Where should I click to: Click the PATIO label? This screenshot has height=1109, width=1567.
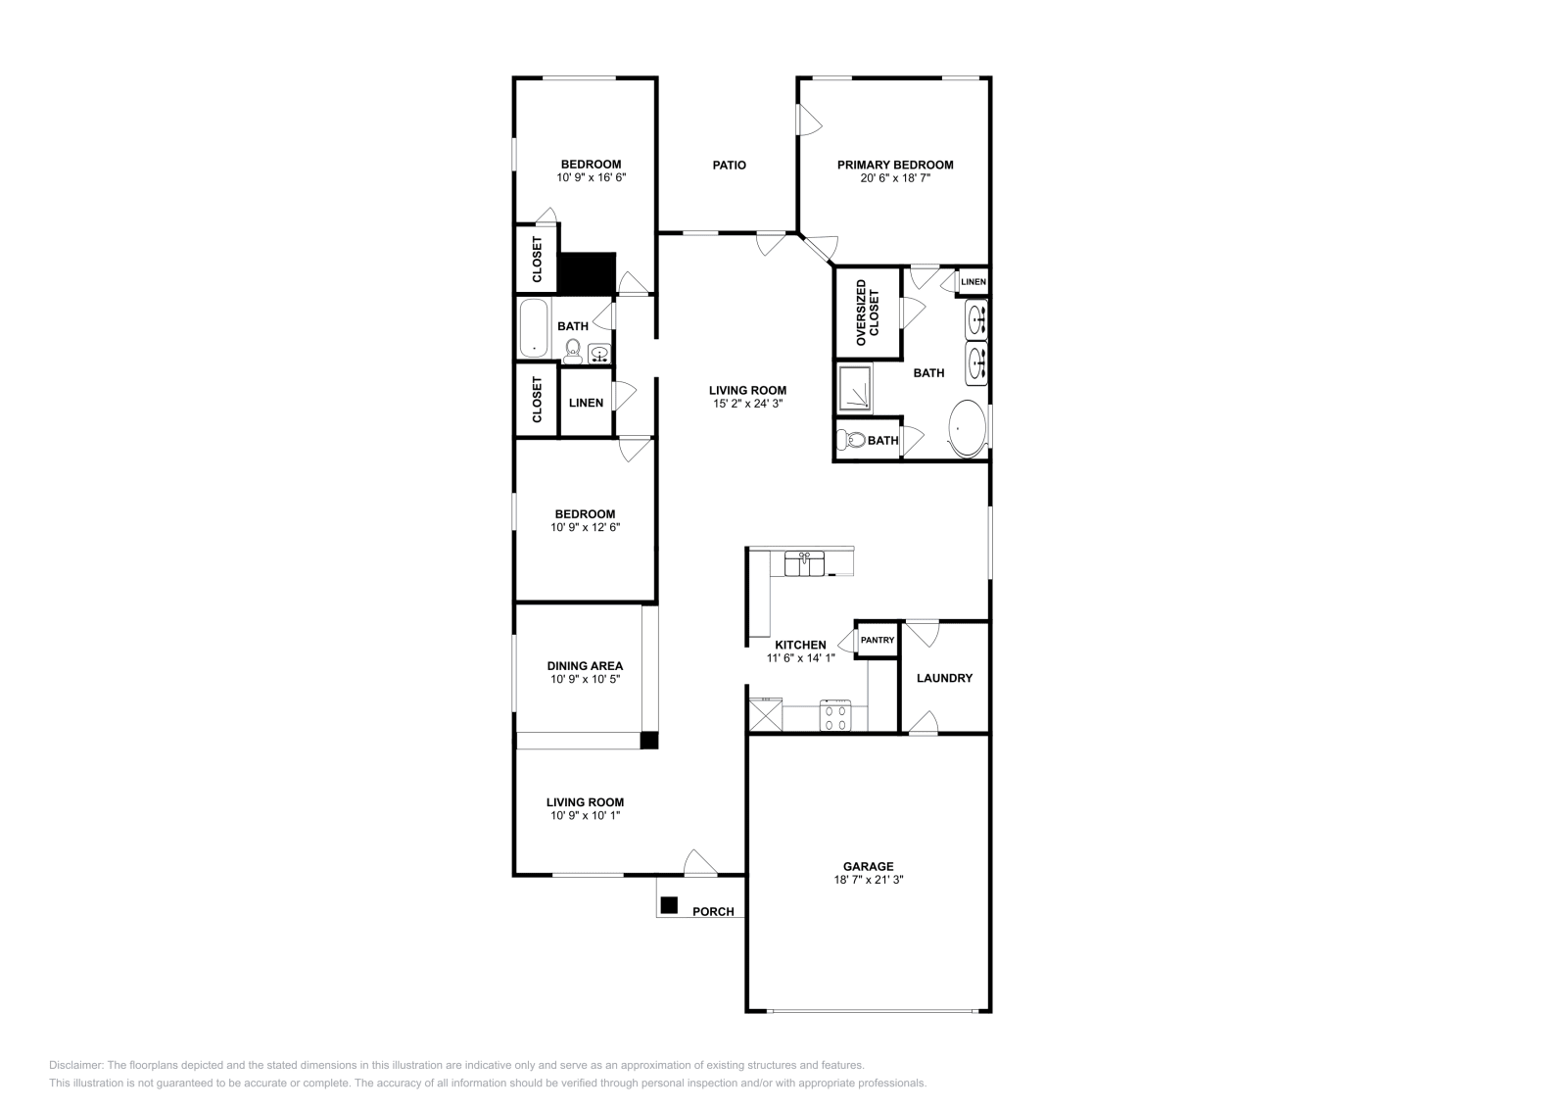[x=729, y=166]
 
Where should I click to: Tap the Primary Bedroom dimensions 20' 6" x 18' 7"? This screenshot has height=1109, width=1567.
[x=894, y=178]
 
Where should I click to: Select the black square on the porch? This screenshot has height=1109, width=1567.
[x=669, y=905]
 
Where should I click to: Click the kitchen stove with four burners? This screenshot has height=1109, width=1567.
[x=835, y=715]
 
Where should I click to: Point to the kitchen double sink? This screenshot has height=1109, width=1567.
[x=804, y=564]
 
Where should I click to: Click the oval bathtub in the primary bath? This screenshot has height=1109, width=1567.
[x=969, y=428]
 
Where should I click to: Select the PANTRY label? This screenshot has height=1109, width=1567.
[x=878, y=640]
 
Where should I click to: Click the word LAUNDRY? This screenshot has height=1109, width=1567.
[x=944, y=678]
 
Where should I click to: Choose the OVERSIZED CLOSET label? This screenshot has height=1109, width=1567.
[x=868, y=313]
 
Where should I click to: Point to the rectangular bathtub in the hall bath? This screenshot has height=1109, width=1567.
[x=534, y=328]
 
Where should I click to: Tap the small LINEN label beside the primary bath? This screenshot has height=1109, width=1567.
[x=973, y=282]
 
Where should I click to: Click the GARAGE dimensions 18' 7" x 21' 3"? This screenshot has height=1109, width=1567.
[x=868, y=880]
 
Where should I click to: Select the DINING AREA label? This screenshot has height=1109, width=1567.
[x=585, y=665]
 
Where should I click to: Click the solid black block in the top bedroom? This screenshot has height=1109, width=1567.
[x=587, y=272]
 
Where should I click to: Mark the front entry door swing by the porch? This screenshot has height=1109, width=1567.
[x=700, y=862]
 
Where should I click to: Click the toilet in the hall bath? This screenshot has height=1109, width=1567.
[x=573, y=350]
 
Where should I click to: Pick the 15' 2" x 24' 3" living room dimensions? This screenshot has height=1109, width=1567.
[x=748, y=404]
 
